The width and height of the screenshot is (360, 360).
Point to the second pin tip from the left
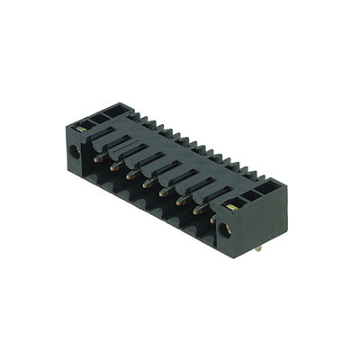click(114, 166)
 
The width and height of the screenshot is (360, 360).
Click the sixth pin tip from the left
click(179, 200)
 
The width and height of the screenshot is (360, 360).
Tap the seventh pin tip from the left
click(196, 209)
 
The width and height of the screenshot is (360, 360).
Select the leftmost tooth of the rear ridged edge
click(134, 116)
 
